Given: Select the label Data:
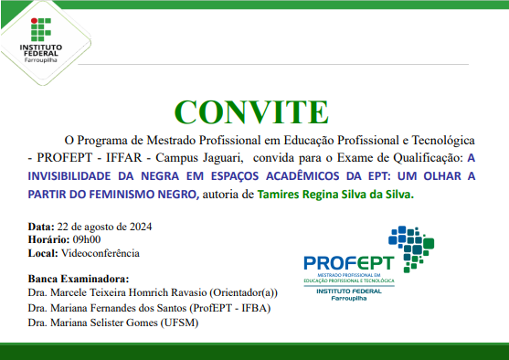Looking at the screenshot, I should point(40,226).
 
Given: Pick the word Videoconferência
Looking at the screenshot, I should point(101,253).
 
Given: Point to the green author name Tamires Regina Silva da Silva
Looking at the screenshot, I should point(336,194).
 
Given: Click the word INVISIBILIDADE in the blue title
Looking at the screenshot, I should point(80,175).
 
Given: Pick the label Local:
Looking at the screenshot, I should point(43,253).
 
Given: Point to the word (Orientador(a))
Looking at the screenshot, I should point(243,293).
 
